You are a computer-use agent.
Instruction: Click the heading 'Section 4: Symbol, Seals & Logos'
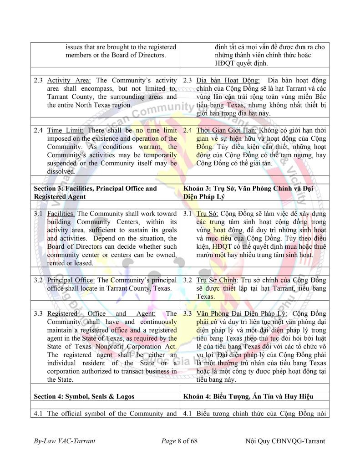click(84, 396)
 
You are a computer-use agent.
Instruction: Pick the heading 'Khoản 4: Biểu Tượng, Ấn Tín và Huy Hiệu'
click(248, 396)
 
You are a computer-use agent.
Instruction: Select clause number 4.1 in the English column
click(39, 414)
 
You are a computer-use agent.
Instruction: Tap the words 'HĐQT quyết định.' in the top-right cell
click(242, 63)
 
